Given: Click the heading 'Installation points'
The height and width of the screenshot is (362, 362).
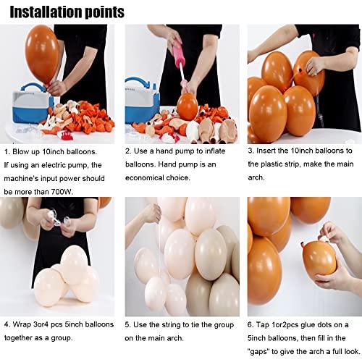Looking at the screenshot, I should pyautogui.click(x=66, y=12).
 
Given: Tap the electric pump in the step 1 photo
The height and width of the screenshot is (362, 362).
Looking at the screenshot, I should pyautogui.click(x=25, y=106).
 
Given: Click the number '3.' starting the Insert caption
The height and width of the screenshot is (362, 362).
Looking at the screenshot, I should pyautogui.click(x=251, y=151).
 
